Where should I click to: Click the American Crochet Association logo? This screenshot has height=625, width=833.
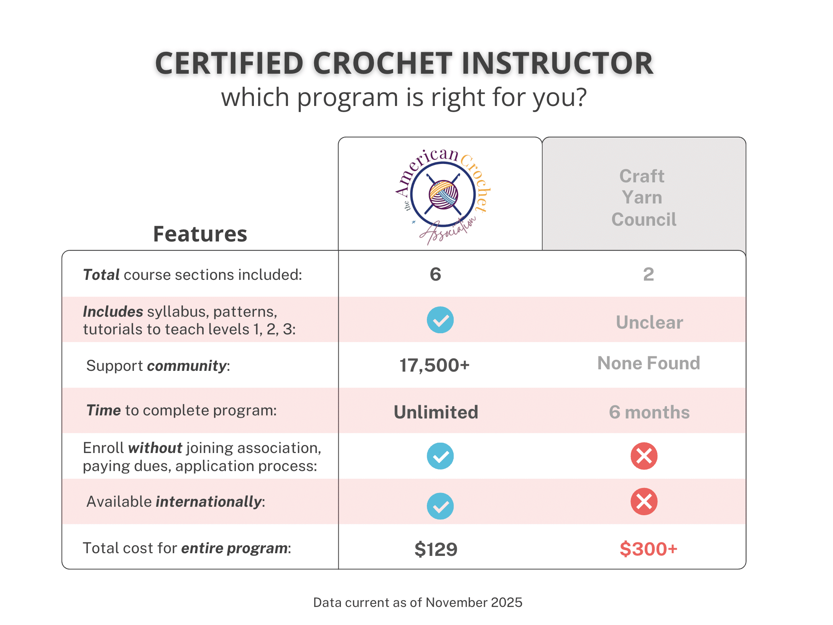pyautogui.click(x=443, y=195)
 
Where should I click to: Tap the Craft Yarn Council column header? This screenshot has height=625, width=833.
pyautogui.click(x=644, y=198)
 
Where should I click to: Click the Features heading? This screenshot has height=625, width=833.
pyautogui.click(x=200, y=234)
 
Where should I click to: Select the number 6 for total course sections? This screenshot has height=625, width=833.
pyautogui.click(x=435, y=274)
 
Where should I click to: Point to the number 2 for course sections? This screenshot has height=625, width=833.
pyautogui.click(x=648, y=274)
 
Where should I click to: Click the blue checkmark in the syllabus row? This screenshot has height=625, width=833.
pyautogui.click(x=440, y=320)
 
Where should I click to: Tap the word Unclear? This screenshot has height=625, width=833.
pyautogui.click(x=649, y=322)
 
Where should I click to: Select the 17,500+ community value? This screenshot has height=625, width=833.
pyautogui.click(x=435, y=365)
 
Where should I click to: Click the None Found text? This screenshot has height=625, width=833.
pyautogui.click(x=649, y=363)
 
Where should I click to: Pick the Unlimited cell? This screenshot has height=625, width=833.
pyautogui.click(x=436, y=412)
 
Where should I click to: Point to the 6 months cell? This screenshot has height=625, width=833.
pyautogui.click(x=649, y=412)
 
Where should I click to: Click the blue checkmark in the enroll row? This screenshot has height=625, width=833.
pyautogui.click(x=440, y=456)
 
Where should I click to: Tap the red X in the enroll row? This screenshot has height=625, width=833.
pyautogui.click(x=644, y=456)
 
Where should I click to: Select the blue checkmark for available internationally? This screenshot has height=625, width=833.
pyautogui.click(x=440, y=506)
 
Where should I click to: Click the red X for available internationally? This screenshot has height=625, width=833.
pyautogui.click(x=644, y=501)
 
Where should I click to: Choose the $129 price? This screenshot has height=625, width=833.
pyautogui.click(x=436, y=549)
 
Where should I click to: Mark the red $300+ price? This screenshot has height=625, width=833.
pyautogui.click(x=649, y=549)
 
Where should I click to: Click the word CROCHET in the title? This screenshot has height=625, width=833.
pyautogui.click(x=382, y=63)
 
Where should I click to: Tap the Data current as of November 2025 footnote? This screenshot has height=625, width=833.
pyautogui.click(x=418, y=602)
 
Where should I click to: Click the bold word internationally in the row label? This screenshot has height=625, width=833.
pyautogui.click(x=209, y=502)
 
